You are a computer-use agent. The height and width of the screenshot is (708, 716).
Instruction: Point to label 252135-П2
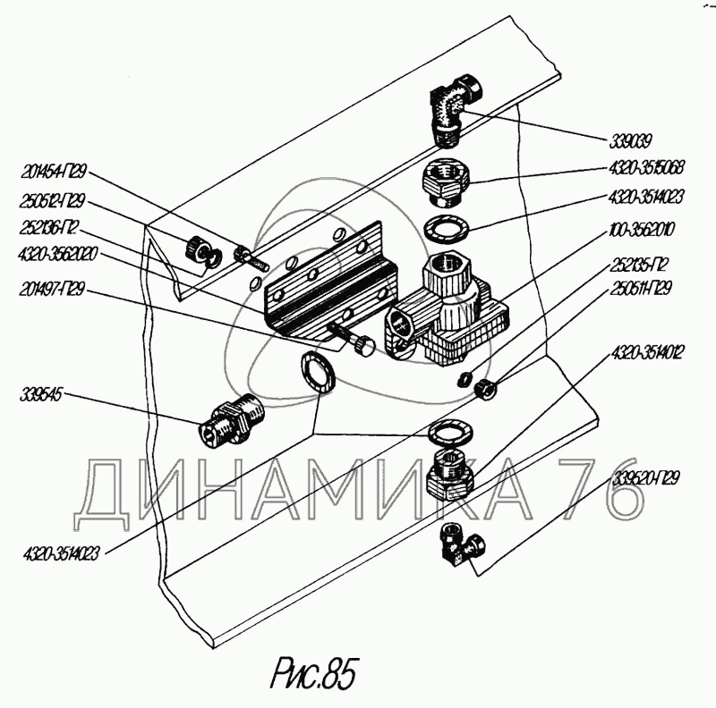click(641, 265)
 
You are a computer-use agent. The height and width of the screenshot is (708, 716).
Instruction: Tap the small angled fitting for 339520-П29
click(463, 544)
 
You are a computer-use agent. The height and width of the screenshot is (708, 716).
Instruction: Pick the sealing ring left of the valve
click(317, 371)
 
